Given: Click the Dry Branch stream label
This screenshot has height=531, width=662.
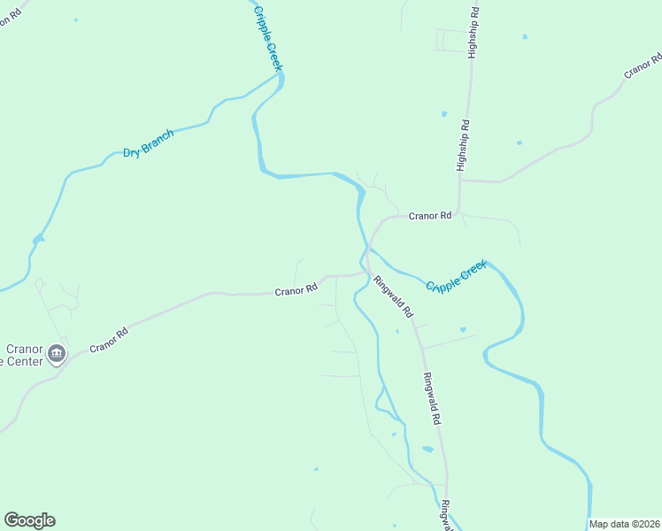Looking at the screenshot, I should point(148,144).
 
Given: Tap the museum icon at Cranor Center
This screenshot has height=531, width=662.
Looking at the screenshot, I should point(57,355).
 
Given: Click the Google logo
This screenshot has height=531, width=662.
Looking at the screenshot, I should point(29,520).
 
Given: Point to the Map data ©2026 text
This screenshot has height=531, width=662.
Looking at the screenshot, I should point(625,524).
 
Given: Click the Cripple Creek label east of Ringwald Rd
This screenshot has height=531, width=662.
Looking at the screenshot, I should point(456,276).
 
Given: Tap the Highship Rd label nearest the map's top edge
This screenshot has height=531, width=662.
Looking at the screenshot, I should point(474,33).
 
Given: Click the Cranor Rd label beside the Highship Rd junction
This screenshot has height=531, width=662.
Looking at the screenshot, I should point(430,215).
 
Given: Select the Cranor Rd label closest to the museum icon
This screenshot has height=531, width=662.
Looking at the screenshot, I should point(109,339).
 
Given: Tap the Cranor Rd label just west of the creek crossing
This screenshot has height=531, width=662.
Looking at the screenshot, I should point(296,289).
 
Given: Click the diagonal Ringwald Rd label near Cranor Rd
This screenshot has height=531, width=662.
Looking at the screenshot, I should point(394,297).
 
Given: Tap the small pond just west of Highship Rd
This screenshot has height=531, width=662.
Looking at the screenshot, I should point(443,114).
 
